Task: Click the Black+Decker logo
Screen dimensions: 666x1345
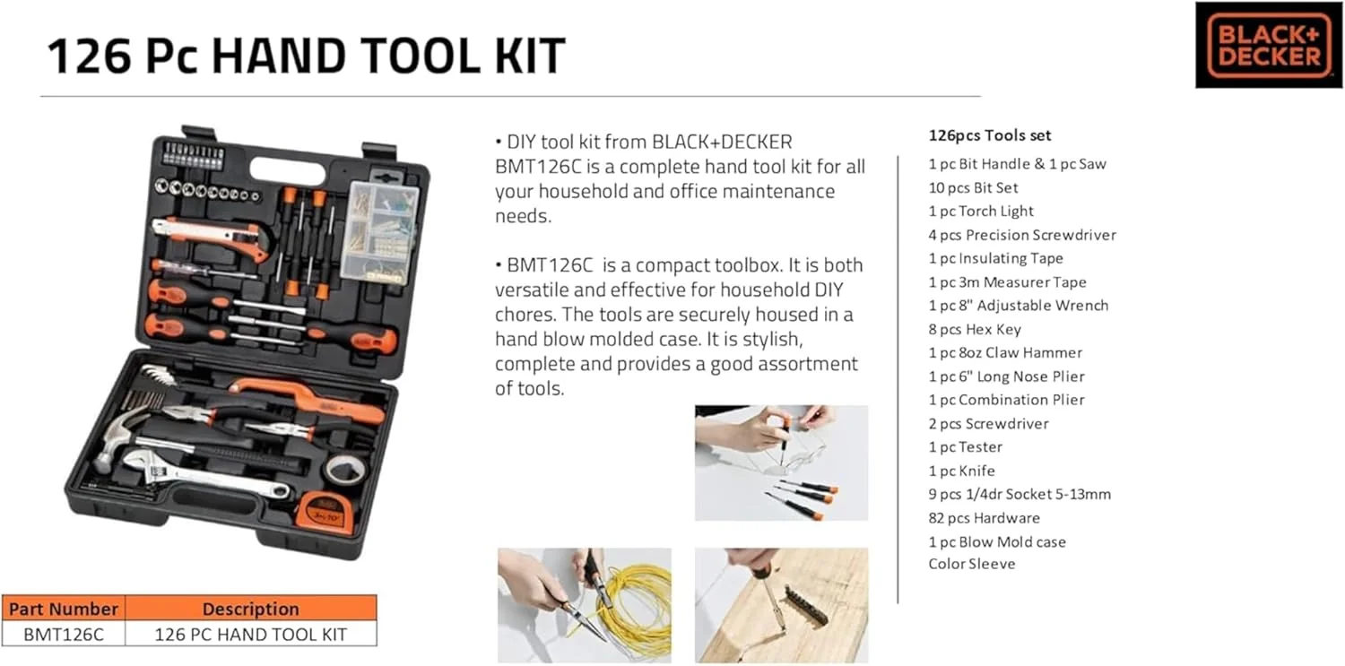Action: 1268,45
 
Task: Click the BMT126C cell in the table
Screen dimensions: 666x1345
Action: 63,635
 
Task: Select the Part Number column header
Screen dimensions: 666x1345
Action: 63,609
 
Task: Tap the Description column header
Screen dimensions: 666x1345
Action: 250,609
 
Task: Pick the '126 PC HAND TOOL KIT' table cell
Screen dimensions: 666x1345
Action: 250,635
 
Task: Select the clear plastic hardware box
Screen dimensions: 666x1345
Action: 380,231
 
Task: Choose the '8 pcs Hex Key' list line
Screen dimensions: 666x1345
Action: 975,329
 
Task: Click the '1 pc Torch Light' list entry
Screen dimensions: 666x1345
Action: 981,211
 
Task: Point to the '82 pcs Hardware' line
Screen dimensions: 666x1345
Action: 984,517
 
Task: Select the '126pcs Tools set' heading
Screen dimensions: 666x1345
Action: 990,135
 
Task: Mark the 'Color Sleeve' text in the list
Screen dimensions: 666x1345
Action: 971,564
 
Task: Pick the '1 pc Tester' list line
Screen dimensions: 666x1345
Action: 965,446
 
